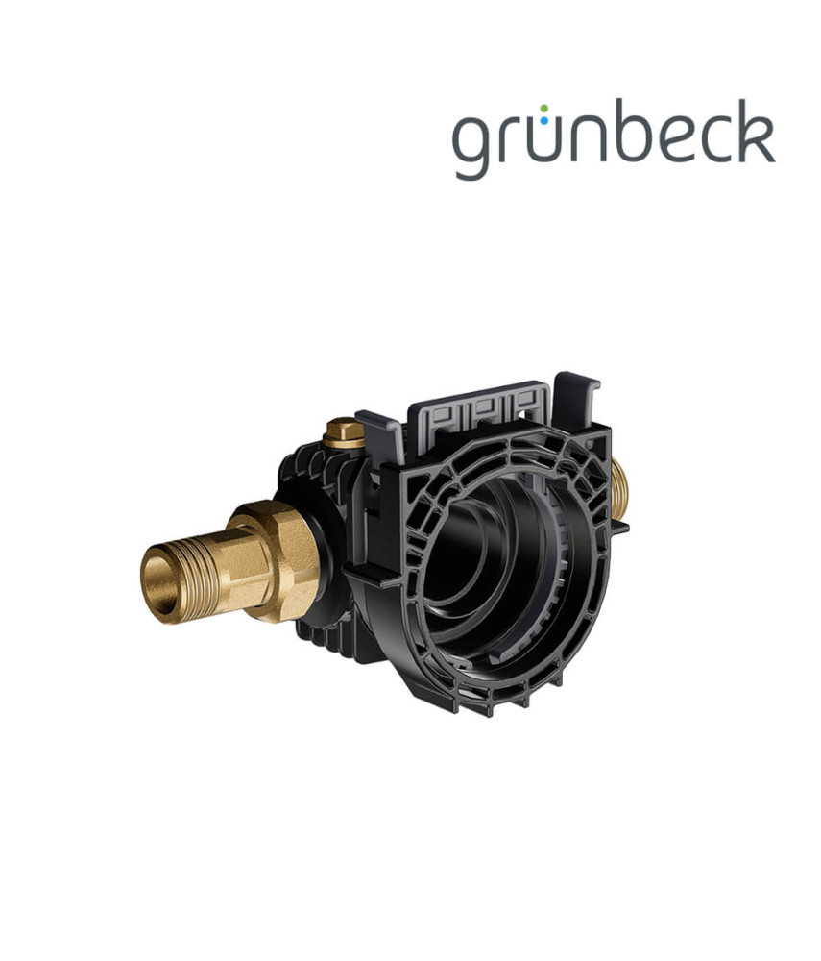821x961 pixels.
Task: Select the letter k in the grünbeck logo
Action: click(x=753, y=131)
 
